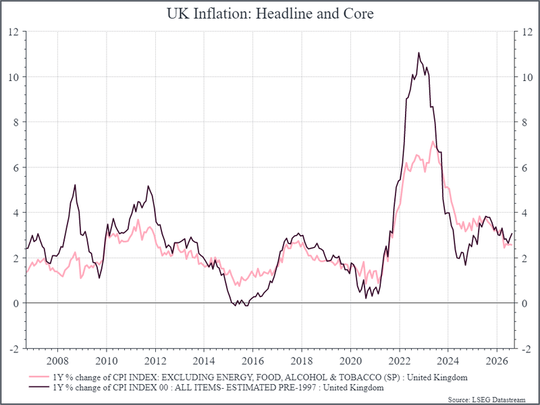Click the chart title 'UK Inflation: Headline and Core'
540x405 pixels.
pyautogui.click(x=270, y=13)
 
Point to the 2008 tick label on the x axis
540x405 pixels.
pyautogui.click(x=58, y=361)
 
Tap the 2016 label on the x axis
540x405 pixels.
pyautogui.click(x=252, y=361)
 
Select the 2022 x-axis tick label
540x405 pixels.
pyautogui.click(x=399, y=361)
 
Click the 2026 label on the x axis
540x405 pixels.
pyautogui.click(x=497, y=361)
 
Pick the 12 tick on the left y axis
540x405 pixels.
pyautogui.click(x=13, y=32)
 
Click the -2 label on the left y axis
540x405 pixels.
pyautogui.click(x=13, y=348)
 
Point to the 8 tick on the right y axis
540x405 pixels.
pyautogui.click(x=524, y=122)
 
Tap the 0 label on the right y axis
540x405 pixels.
pyautogui.click(x=524, y=303)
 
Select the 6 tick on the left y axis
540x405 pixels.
pyautogui.click(x=16, y=167)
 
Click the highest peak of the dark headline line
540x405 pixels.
pyautogui.click(x=418, y=53)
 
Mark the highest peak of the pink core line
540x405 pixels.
pyautogui.click(x=433, y=141)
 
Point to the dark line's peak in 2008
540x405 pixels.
pyautogui.click(x=75, y=185)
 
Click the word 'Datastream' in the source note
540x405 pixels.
pyautogui.click(x=509, y=400)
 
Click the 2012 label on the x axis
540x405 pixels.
pyautogui.click(x=155, y=361)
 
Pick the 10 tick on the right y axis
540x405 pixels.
pyautogui.click(x=527, y=77)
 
